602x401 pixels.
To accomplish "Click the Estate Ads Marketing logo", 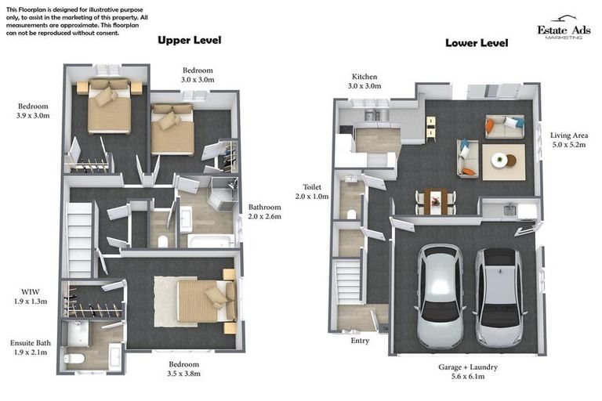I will pyautogui.click(x=559, y=28).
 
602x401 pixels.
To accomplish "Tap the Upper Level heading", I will pyautogui.click(x=189, y=40).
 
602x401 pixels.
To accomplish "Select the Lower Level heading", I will pyautogui.click(x=477, y=43).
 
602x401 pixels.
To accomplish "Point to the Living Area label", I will pyautogui.click(x=570, y=139).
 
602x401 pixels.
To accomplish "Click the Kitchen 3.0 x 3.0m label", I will pyautogui.click(x=365, y=81).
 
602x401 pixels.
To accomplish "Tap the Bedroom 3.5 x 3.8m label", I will pyautogui.click(x=184, y=369).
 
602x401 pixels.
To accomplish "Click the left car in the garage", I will pyautogui.click(x=441, y=295).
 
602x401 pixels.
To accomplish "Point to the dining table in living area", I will pyautogui.click(x=433, y=200).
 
